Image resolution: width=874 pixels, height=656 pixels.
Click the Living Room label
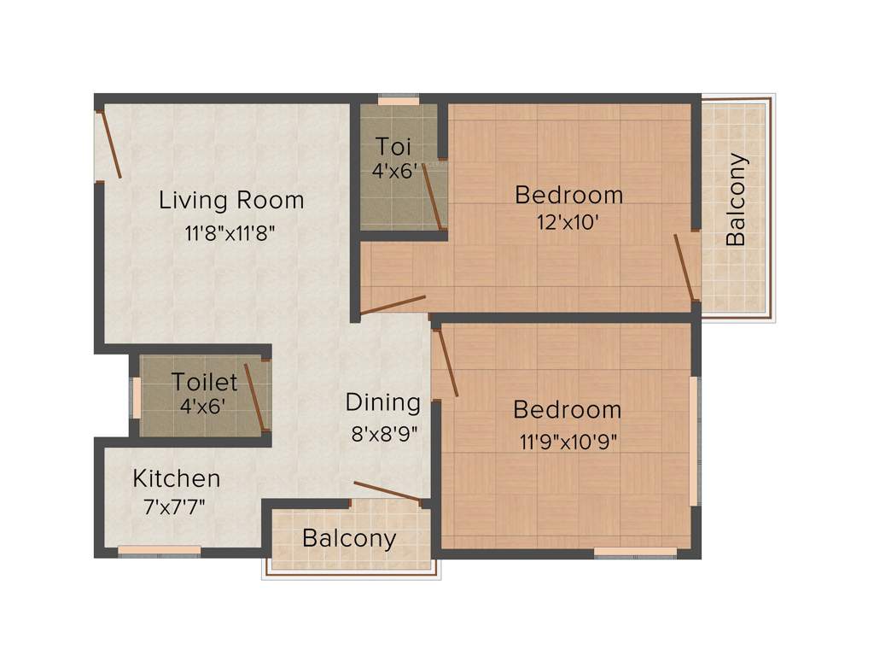pyautogui.click(x=231, y=201)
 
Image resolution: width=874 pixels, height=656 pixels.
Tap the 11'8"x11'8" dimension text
pyautogui.click(x=230, y=232)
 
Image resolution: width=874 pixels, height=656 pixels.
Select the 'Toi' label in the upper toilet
pyautogui.click(x=393, y=145)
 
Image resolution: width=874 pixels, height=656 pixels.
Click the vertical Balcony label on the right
pyautogui.click(x=736, y=200)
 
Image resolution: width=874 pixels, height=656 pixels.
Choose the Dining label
pyautogui.click(x=383, y=402)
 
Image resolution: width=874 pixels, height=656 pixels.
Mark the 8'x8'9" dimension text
pyautogui.click(x=383, y=433)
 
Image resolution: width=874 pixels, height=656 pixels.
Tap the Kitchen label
pyautogui.click(x=177, y=478)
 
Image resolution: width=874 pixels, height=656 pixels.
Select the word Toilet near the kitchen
pyautogui.click(x=205, y=381)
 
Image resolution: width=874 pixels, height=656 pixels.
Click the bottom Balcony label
pyautogui.click(x=349, y=539)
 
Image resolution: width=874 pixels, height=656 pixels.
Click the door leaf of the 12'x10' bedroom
pyautogui.click(x=393, y=305)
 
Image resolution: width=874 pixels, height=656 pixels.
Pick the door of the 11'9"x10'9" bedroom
pyautogui.click(x=446, y=363)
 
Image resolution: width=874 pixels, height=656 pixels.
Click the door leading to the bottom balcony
pyautogui.click(x=387, y=491)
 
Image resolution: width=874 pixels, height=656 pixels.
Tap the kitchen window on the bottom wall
pyautogui.click(x=159, y=551)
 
